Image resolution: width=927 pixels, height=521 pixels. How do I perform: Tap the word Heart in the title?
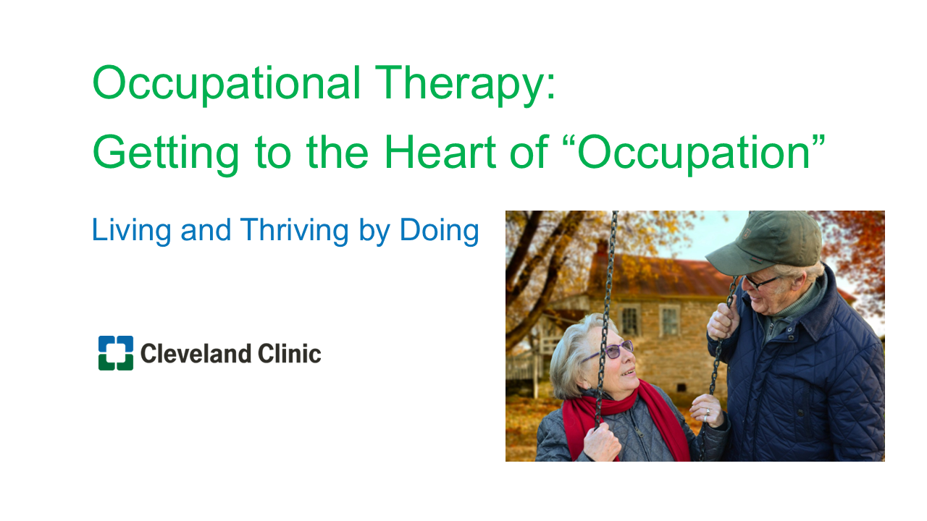440,152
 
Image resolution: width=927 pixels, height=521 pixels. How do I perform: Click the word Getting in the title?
166,155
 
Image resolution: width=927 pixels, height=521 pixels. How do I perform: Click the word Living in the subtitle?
131,231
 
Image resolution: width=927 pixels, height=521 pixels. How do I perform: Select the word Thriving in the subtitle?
294,231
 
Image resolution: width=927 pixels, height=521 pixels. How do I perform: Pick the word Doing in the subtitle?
439,231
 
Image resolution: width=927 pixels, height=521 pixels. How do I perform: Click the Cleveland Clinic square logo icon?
116,352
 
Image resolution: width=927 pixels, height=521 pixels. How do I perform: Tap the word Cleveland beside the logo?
196,354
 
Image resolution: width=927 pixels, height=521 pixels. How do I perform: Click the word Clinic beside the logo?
289,354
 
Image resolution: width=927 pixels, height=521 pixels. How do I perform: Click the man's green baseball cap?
765,242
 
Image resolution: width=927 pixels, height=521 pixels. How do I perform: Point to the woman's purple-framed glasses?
613,351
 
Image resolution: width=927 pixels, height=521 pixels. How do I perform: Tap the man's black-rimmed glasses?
761,283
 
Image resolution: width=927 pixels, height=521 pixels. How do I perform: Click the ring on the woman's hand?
708,412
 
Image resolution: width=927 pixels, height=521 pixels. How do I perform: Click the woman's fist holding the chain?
602,442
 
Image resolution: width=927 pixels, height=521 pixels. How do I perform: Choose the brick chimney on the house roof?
601,250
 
